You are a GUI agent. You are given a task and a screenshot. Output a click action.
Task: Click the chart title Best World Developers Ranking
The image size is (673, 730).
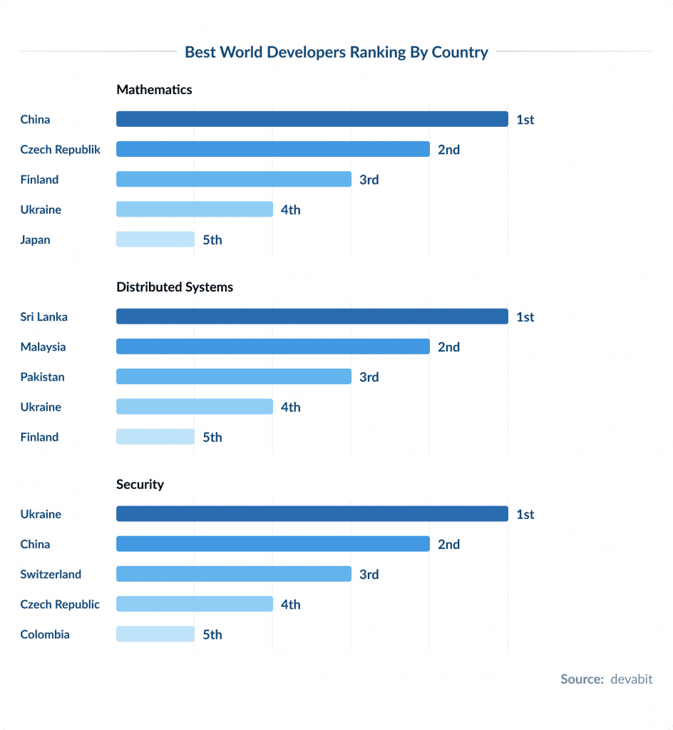point(336,52)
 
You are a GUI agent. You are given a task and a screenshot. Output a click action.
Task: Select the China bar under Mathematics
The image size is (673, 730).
point(312,119)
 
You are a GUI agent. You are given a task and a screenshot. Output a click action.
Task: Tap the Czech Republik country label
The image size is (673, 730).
point(61,150)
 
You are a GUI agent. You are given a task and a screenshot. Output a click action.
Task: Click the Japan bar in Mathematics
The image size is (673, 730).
point(155,240)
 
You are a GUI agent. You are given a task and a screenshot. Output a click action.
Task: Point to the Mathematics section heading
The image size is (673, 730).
point(154,90)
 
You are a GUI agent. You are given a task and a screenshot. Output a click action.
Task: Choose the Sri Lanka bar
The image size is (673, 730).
point(312,317)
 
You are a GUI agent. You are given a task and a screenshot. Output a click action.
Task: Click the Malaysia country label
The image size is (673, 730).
point(43,347)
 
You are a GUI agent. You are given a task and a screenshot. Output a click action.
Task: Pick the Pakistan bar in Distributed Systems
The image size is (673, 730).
point(233,376)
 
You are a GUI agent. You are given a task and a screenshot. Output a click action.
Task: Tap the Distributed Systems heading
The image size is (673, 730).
point(175,287)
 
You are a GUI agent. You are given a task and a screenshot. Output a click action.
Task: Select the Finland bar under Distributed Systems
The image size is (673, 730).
point(155,437)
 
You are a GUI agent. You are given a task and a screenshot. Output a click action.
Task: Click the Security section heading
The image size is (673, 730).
point(140,485)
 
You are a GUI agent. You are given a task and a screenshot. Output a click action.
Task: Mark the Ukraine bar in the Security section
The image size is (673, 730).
point(312,514)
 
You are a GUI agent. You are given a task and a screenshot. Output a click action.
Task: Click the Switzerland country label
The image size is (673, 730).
point(51,575)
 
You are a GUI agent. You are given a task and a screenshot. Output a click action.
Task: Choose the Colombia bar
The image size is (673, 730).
point(155,634)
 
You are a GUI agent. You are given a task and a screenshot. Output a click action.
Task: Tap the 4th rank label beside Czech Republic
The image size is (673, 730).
point(290,605)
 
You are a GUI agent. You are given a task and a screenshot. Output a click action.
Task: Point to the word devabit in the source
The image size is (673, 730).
point(631,679)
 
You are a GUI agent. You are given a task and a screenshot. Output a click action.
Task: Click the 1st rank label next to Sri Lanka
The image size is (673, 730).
point(525,317)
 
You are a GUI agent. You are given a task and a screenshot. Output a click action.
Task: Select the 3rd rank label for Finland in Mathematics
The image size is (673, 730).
point(369,180)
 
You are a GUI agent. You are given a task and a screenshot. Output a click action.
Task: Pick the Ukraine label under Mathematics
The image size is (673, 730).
point(41,210)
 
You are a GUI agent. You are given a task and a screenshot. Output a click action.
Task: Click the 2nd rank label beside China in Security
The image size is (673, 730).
point(448,545)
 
